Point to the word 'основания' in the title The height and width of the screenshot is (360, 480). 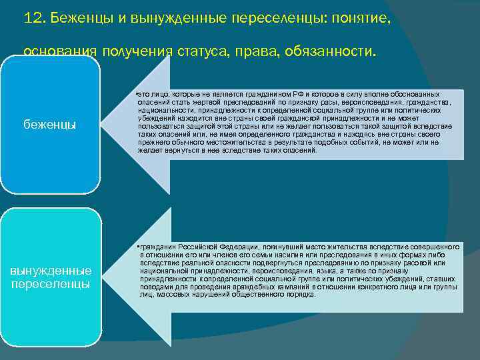point(61,51)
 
